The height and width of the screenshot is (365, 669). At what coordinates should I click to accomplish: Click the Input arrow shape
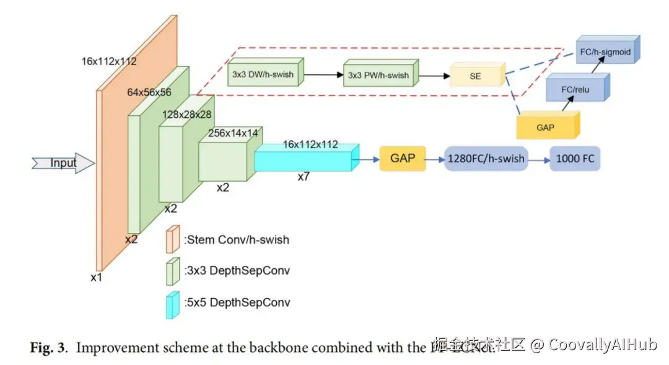pyautogui.click(x=63, y=164)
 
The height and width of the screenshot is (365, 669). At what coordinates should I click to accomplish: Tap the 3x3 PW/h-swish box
pyautogui.click(x=379, y=75)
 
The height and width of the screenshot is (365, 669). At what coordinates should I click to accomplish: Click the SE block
pyautogui.click(x=476, y=76)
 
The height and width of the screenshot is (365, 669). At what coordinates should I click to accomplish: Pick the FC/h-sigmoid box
pyautogui.click(x=604, y=53)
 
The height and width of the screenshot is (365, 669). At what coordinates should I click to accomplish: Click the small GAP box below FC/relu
pyautogui.click(x=546, y=127)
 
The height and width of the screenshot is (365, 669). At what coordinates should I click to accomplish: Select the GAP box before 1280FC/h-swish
pyautogui.click(x=402, y=159)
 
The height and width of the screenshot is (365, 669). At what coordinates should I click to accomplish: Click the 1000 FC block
pyautogui.click(x=574, y=159)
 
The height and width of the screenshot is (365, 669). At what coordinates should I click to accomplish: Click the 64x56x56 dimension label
pyautogui.click(x=149, y=92)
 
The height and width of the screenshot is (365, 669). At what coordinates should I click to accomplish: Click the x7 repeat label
pyautogui.click(x=304, y=177)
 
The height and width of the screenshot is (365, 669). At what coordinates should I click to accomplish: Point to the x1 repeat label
pyautogui.click(x=96, y=278)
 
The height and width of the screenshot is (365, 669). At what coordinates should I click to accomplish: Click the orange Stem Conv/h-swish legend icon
pyautogui.click(x=172, y=239)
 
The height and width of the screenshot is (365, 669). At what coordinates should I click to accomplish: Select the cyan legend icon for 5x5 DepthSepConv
pyautogui.click(x=172, y=304)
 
